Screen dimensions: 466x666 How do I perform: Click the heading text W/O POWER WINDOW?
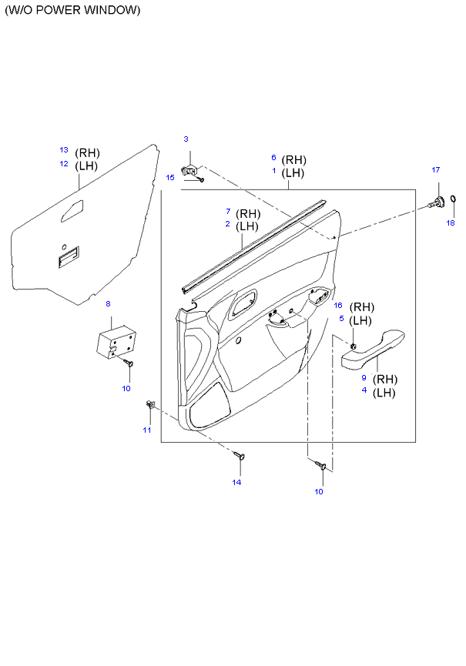(72, 10)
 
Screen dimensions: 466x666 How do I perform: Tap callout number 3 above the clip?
(186, 139)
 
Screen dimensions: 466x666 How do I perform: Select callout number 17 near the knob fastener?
(436, 170)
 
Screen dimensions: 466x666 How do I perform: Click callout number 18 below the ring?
(451, 223)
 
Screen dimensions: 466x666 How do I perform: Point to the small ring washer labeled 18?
(453, 199)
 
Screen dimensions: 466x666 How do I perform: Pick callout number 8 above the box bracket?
(109, 303)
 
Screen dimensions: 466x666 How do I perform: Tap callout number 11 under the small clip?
(147, 430)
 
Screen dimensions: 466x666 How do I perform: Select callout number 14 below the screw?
(236, 482)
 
